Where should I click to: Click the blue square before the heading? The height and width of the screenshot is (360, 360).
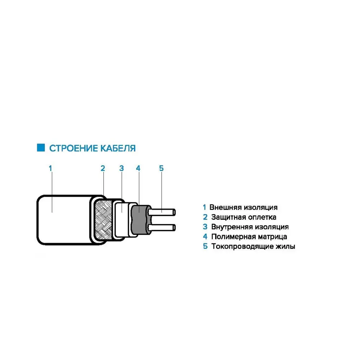(x=41, y=148)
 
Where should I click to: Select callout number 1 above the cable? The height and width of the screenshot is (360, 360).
(x=50, y=168)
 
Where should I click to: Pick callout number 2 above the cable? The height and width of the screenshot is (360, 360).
(x=103, y=168)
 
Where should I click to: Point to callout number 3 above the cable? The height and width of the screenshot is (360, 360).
(x=121, y=168)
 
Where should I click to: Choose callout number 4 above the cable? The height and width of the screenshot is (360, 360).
(x=138, y=168)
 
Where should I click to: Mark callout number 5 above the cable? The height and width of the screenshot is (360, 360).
(x=161, y=168)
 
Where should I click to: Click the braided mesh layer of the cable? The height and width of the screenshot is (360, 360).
(x=104, y=220)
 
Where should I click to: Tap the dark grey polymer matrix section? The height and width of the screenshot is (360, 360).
(x=139, y=220)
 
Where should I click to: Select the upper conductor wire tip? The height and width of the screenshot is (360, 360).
(x=174, y=212)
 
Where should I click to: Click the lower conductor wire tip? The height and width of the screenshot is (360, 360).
(x=174, y=228)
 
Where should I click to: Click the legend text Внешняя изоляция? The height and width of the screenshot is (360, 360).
(x=243, y=207)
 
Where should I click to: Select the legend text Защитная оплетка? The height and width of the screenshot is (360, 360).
(x=244, y=217)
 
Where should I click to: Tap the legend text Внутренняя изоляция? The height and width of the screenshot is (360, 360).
(x=250, y=227)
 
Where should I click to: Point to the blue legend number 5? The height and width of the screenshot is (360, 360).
(x=205, y=246)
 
